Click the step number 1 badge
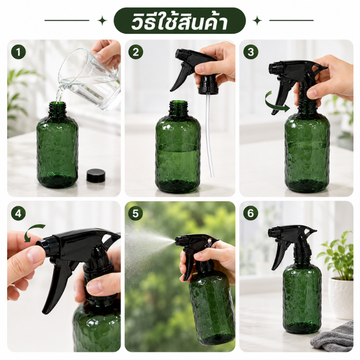(x=18, y=52)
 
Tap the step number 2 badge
(x=136, y=52)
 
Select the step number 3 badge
(x=251, y=52)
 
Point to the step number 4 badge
(x=18, y=213)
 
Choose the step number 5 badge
(x=136, y=213)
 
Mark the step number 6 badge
(x=251, y=213)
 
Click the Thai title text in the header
(x=179, y=21)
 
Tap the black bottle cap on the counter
(x=96, y=175)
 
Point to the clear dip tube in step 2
(x=209, y=135)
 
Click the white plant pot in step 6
(x=341, y=298)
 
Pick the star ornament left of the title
(x=102, y=21)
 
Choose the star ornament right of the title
(x=257, y=21)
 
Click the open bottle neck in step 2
(x=178, y=108)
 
